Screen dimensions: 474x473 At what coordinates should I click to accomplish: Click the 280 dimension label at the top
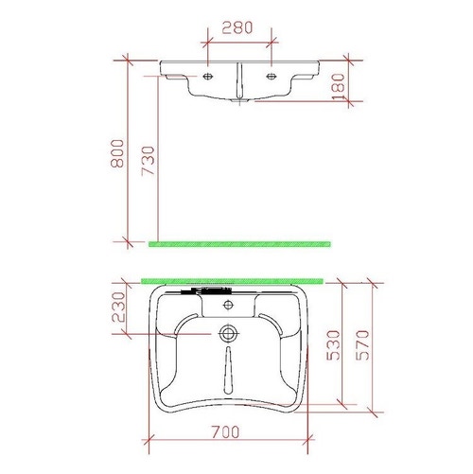point(236,27)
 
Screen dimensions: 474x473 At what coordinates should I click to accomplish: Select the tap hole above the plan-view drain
point(228,306)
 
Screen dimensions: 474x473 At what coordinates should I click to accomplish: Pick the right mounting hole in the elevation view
point(272,76)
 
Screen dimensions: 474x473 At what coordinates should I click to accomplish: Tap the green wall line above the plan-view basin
point(232,280)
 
